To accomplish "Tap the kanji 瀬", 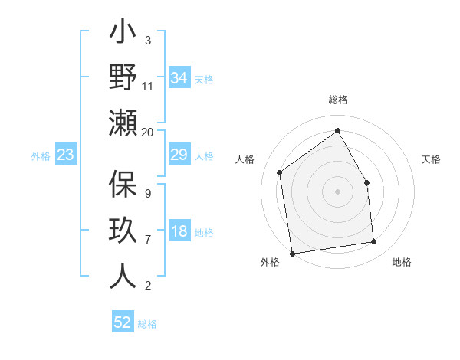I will (123, 122).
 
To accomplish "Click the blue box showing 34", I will (179, 77).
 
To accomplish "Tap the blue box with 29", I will (179, 155).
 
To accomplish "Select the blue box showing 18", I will (179, 232).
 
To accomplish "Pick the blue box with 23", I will (65, 155).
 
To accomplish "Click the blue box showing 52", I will (123, 322).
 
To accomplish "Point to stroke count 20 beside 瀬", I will (148, 132).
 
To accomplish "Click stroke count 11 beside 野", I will (148, 86).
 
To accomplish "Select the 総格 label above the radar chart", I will (338, 100).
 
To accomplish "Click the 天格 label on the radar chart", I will (431, 159).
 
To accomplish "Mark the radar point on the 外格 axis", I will (292, 253).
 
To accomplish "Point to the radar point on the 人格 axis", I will (280, 172).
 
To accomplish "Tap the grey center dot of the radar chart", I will (337, 191).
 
